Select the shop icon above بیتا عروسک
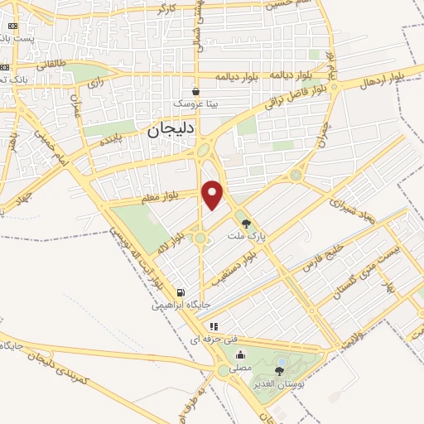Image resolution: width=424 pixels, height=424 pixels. click(195, 91)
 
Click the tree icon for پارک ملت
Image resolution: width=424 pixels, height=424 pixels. click(245, 222)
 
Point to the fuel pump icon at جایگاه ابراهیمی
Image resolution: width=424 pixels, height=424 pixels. click(180, 292)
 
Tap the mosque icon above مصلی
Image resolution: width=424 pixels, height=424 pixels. click(240, 356)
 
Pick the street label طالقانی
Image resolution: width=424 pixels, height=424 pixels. click(51, 65)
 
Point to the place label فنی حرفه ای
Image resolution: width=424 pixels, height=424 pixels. click(207, 340)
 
